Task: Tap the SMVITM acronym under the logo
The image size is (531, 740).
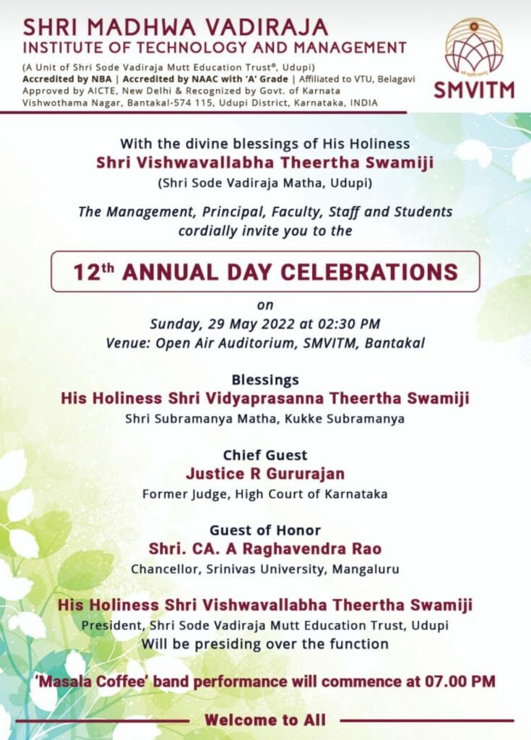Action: (474, 90)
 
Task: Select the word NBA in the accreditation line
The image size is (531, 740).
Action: (108, 79)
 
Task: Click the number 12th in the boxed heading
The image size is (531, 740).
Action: (94, 272)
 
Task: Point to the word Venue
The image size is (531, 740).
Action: (124, 343)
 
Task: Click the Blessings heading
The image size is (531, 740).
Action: (265, 380)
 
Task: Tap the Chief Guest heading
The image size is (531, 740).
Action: (265, 455)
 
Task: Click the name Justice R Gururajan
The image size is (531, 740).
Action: (265, 474)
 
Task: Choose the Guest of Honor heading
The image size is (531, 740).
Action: (265, 530)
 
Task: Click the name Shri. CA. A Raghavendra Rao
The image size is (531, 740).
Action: (265, 548)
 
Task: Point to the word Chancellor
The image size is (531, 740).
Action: (163, 569)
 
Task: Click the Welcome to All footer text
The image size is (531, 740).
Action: (265, 720)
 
